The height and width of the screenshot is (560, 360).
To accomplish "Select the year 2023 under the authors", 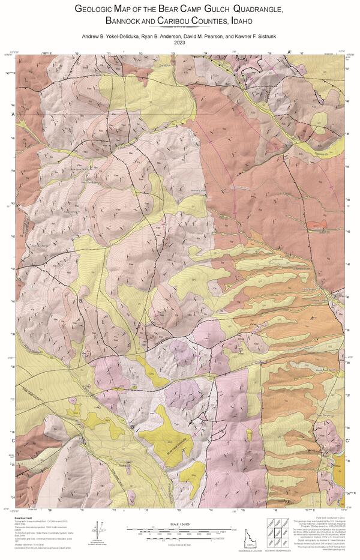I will click(x=179, y=43).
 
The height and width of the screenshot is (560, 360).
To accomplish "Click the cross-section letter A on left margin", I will click(x=13, y=113).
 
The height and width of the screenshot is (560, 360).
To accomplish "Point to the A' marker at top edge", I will click(x=289, y=53).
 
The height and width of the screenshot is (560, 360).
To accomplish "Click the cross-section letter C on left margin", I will click(x=13, y=441).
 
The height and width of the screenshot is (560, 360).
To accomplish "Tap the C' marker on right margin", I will click(x=348, y=442).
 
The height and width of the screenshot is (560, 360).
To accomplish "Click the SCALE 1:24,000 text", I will click(x=179, y=524).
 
